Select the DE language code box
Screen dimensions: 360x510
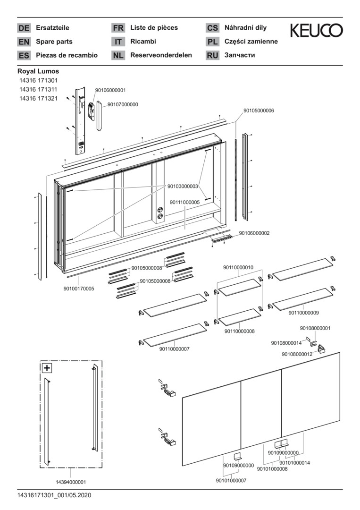click(x=24, y=28)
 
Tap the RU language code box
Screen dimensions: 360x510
click(x=212, y=55)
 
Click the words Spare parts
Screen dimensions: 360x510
click(x=54, y=42)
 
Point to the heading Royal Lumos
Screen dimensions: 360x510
click(x=38, y=71)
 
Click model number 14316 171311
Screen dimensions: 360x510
click(x=38, y=89)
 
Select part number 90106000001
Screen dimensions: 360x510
click(x=110, y=90)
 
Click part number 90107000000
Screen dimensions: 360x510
click(x=123, y=104)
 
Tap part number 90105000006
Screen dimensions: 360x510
click(x=259, y=110)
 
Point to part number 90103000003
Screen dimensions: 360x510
click(x=183, y=187)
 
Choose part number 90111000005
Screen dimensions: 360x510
click(x=184, y=202)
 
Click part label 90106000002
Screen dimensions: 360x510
click(x=254, y=233)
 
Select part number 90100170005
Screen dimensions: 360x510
click(x=79, y=289)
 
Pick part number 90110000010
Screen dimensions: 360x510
click(x=238, y=267)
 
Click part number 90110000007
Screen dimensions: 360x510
click(x=174, y=349)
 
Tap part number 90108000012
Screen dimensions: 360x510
click(x=297, y=354)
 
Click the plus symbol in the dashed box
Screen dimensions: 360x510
click(x=48, y=368)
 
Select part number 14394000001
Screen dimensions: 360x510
click(x=71, y=482)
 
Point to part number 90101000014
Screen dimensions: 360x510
click(x=295, y=462)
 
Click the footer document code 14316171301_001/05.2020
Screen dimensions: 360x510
click(x=54, y=495)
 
